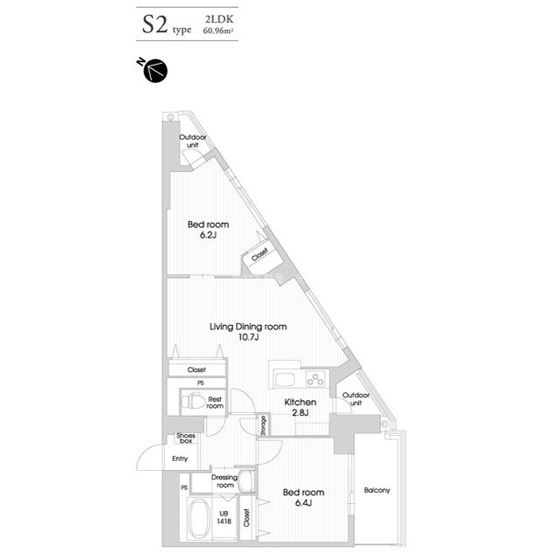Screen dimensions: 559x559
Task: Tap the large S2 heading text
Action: tap(155, 25)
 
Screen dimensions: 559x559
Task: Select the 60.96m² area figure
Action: tap(218, 31)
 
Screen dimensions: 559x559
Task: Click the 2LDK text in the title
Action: tap(219, 19)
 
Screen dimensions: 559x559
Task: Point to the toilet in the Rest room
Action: tap(193, 402)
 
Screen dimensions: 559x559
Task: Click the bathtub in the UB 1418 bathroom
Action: tap(199, 519)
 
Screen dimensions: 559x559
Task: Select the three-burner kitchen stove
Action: tap(316, 378)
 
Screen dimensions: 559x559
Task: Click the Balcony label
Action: tap(376, 491)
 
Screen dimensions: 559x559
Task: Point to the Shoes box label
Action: tap(186, 438)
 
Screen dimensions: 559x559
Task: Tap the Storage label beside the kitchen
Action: tap(264, 425)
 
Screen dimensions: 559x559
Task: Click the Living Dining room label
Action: tap(248, 327)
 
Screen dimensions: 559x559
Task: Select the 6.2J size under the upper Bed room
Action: tap(208, 235)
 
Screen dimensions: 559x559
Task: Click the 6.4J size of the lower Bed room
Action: tap(303, 503)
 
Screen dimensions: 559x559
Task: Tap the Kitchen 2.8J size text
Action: tap(300, 413)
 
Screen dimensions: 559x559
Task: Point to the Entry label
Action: tap(180, 459)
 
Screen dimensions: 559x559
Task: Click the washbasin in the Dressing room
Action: tap(245, 480)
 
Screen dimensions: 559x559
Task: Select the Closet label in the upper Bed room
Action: tap(259, 254)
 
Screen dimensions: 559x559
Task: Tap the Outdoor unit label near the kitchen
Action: tap(355, 399)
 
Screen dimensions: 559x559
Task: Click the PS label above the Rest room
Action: tap(201, 383)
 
